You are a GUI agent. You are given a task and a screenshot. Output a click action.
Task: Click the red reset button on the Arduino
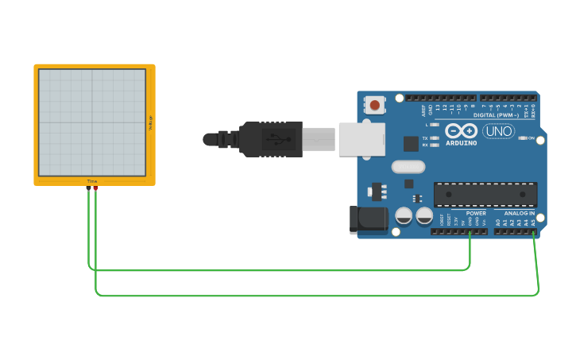pyautogui.click(x=374, y=103)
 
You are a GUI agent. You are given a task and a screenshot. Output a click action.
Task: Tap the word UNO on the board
pyautogui.click(x=499, y=131)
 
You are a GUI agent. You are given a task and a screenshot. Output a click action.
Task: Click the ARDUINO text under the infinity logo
pyautogui.click(x=461, y=143)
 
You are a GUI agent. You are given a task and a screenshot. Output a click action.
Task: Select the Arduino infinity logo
pyautogui.click(x=461, y=131)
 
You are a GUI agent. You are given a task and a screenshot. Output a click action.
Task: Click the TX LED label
pyautogui.click(x=425, y=137)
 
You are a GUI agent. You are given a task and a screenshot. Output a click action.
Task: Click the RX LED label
pyautogui.click(x=425, y=145)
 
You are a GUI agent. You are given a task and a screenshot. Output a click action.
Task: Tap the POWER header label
pyautogui.click(x=476, y=213)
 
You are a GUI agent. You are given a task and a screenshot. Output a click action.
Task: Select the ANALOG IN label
pyautogui.click(x=520, y=213)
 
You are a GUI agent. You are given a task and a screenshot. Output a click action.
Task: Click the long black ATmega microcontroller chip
pyautogui.click(x=485, y=195)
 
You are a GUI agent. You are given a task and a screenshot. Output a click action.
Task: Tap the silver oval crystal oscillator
pyautogui.click(x=408, y=167)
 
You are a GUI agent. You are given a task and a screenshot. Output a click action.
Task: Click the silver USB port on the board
pyautogui.click(x=361, y=139)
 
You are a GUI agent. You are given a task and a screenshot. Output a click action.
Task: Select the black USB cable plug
pyautogui.click(x=270, y=139)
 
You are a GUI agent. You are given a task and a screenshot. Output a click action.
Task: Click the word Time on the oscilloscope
pyautogui.click(x=92, y=181)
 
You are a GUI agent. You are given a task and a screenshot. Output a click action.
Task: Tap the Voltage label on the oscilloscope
pyautogui.click(x=149, y=122)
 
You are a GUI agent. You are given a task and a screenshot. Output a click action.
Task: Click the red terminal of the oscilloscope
pyautogui.click(x=96, y=188)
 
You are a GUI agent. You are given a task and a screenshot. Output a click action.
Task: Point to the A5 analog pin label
pyautogui.click(x=534, y=223)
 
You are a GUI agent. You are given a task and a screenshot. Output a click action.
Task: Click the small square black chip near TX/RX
pyautogui.click(x=411, y=144)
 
